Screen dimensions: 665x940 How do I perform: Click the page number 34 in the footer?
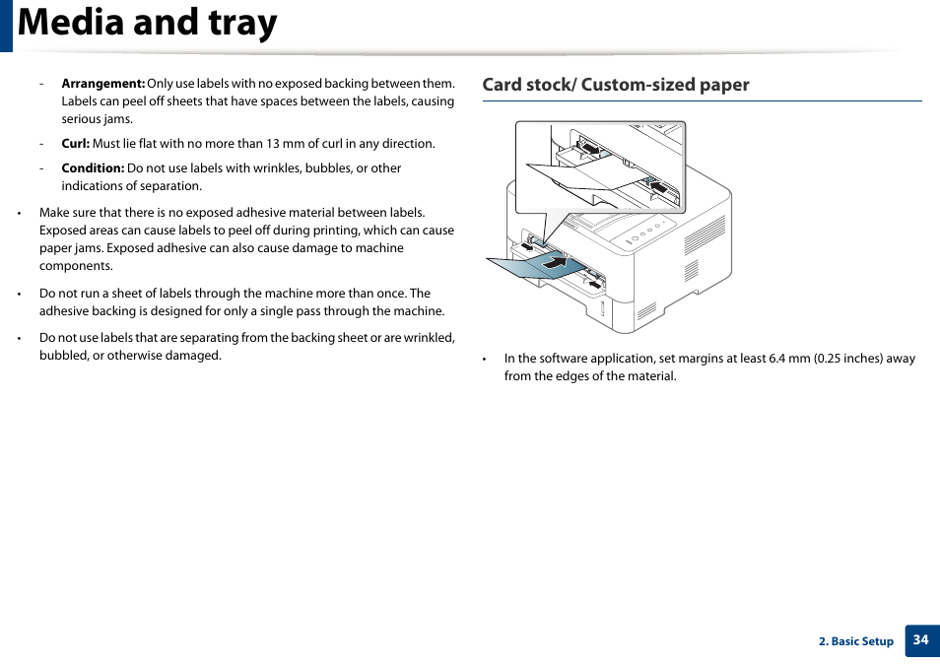tap(920, 640)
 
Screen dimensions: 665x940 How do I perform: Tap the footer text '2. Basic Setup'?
tap(855, 641)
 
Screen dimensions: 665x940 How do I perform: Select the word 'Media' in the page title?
tap(73, 24)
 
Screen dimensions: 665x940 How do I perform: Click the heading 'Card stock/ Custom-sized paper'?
tap(615, 85)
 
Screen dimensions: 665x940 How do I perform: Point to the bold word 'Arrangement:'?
tap(102, 84)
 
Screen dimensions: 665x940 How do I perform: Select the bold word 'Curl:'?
tap(75, 144)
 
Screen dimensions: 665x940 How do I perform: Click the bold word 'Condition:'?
tap(93, 168)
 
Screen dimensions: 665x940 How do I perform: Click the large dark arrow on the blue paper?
tap(555, 263)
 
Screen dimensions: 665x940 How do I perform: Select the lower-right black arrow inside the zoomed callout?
tap(657, 185)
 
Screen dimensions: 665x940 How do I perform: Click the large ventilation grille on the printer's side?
tap(704, 235)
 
